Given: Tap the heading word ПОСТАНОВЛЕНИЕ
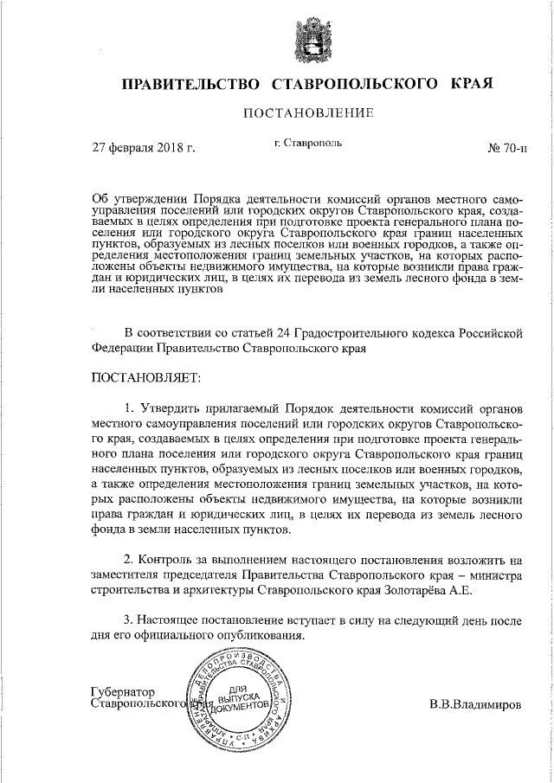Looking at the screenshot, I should point(308,114).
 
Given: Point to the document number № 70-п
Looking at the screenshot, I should point(506,148).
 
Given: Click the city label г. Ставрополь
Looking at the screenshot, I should point(307,143).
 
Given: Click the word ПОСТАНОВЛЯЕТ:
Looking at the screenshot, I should point(145,377).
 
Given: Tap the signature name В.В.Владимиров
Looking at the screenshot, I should point(475,703).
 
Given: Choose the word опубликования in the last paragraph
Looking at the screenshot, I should point(265,636).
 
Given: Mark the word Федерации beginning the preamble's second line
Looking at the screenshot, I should point(120,349).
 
